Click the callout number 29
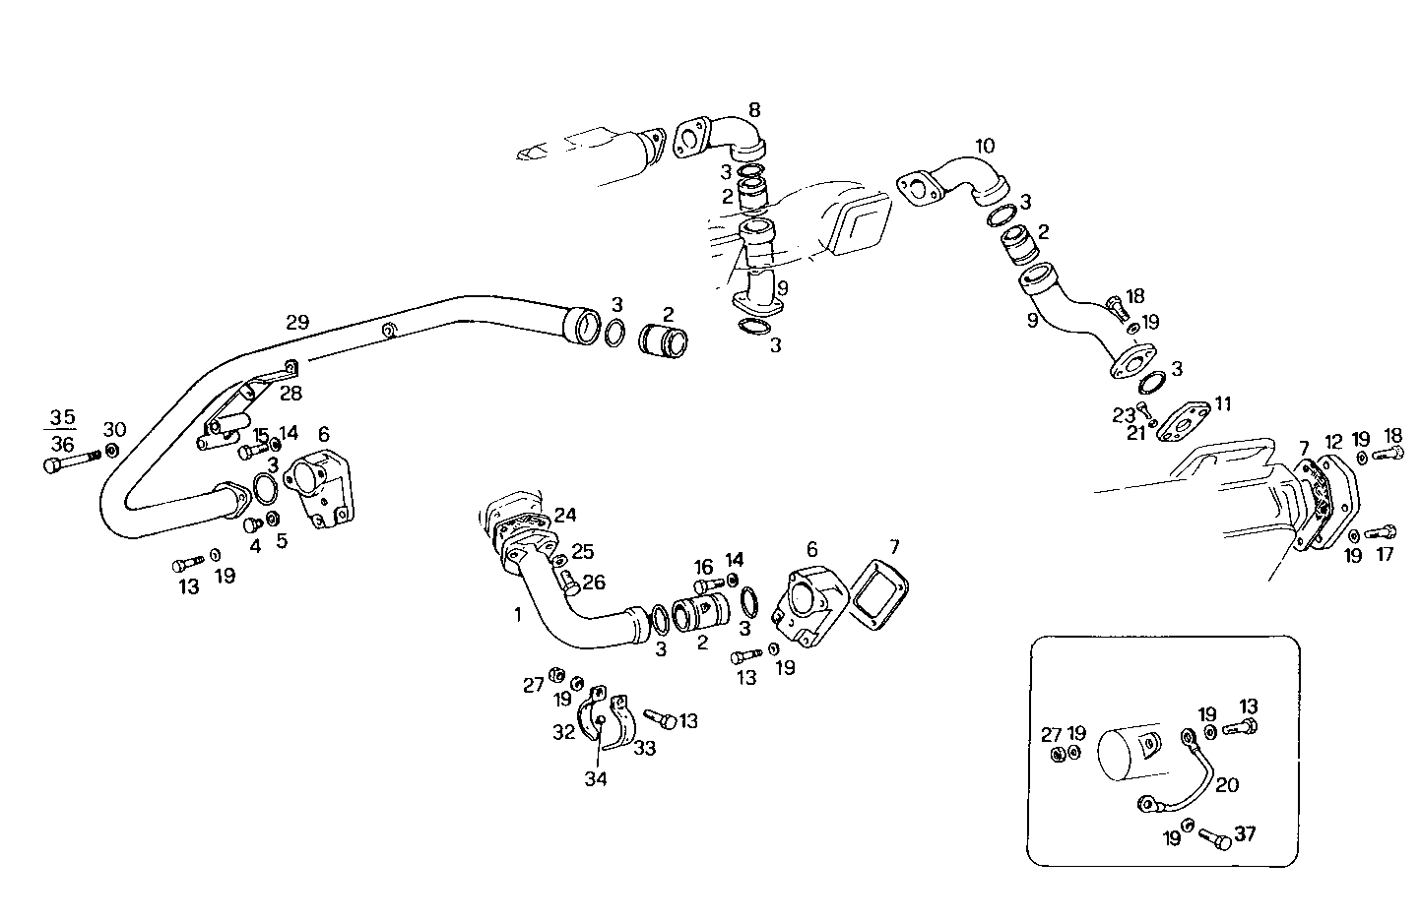(297, 321)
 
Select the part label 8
(754, 109)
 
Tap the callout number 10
(985, 147)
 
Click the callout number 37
(1245, 834)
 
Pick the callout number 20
(1227, 784)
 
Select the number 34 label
(595, 779)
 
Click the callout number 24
(565, 514)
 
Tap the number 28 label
(291, 394)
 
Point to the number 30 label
(115, 429)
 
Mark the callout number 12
(1332, 441)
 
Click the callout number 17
(1385, 554)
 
